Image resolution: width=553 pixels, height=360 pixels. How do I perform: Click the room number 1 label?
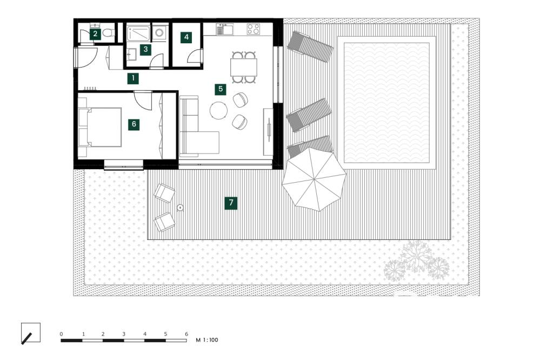(x=133, y=78)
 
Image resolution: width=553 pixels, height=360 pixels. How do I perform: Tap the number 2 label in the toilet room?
(x=95, y=34)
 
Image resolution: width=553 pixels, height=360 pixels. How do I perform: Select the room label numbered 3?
(x=145, y=49)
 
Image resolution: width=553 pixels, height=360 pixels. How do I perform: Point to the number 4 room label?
(x=186, y=37)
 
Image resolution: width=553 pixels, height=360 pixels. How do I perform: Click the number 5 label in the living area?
(x=219, y=89)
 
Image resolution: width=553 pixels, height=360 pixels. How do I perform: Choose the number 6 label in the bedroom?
(x=134, y=124)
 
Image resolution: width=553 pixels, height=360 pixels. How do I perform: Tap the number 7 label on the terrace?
(x=231, y=203)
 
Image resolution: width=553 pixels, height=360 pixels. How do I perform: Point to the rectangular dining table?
(x=244, y=67)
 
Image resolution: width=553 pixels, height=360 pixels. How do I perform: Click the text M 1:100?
(x=206, y=340)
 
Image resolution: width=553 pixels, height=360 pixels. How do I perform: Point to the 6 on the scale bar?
(x=186, y=334)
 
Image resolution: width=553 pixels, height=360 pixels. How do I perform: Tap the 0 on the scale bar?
(x=62, y=334)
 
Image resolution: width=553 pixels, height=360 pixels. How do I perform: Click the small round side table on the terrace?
(x=180, y=206)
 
